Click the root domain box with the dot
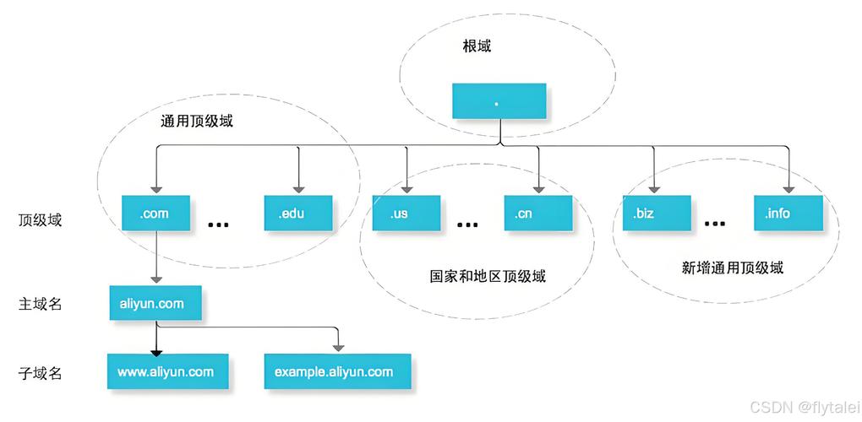(499, 101)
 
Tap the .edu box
(297, 214)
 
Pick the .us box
(406, 214)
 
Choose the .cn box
(537, 214)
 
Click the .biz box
(656, 214)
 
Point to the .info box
(788, 214)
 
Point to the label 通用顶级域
(197, 121)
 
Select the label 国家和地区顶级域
(488, 276)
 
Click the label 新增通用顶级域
(733, 268)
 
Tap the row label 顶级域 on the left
(41, 221)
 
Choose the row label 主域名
(41, 304)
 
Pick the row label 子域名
(41, 372)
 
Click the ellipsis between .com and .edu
(218, 225)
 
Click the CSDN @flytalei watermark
(803, 407)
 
